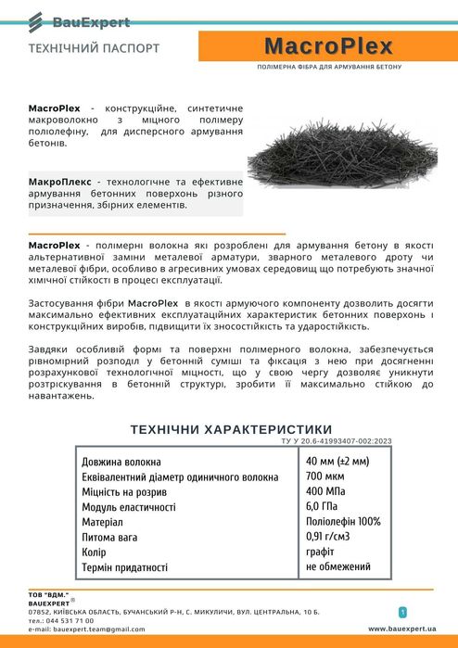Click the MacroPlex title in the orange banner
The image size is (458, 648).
pyautogui.click(x=328, y=47)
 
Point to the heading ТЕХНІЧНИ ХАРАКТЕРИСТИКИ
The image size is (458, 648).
pyautogui.click(x=231, y=429)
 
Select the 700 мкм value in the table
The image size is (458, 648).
pyautogui.click(x=325, y=476)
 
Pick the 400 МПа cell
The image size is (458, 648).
pyautogui.click(x=326, y=491)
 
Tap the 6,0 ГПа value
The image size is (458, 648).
pyautogui.click(x=322, y=506)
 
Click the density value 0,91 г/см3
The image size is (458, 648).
pyautogui.click(x=330, y=537)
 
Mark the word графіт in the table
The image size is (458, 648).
pyautogui.click(x=321, y=552)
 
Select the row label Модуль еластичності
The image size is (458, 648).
pyautogui.click(x=129, y=507)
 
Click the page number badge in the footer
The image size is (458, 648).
pyautogui.click(x=402, y=612)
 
